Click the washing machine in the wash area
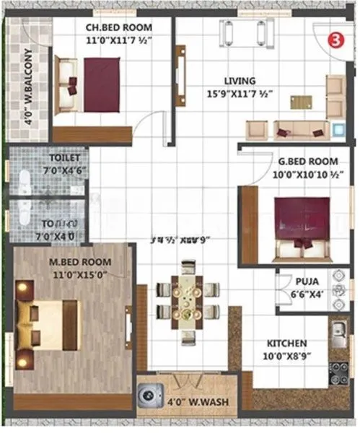point(149,395)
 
